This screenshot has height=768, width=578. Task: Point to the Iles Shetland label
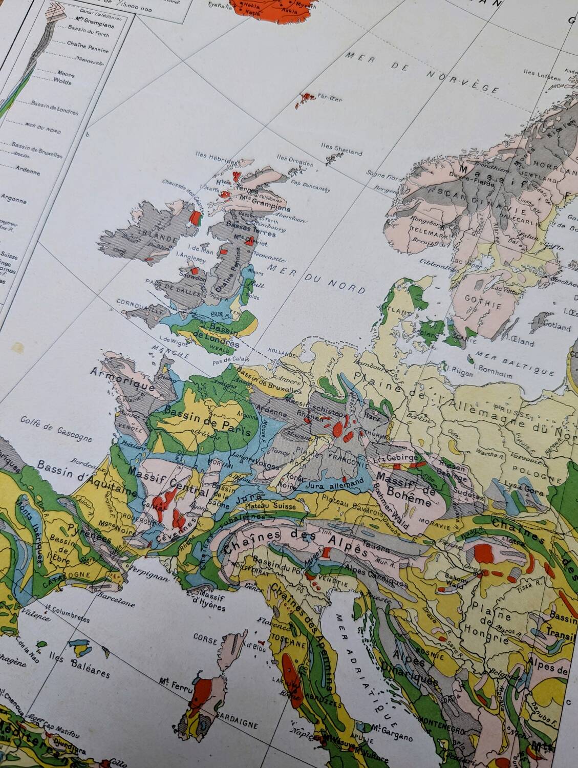341,149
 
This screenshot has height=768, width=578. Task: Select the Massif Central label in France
169,482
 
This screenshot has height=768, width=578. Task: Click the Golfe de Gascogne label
56,429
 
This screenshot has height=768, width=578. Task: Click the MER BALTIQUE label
515,362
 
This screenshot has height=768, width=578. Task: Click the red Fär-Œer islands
305,98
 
